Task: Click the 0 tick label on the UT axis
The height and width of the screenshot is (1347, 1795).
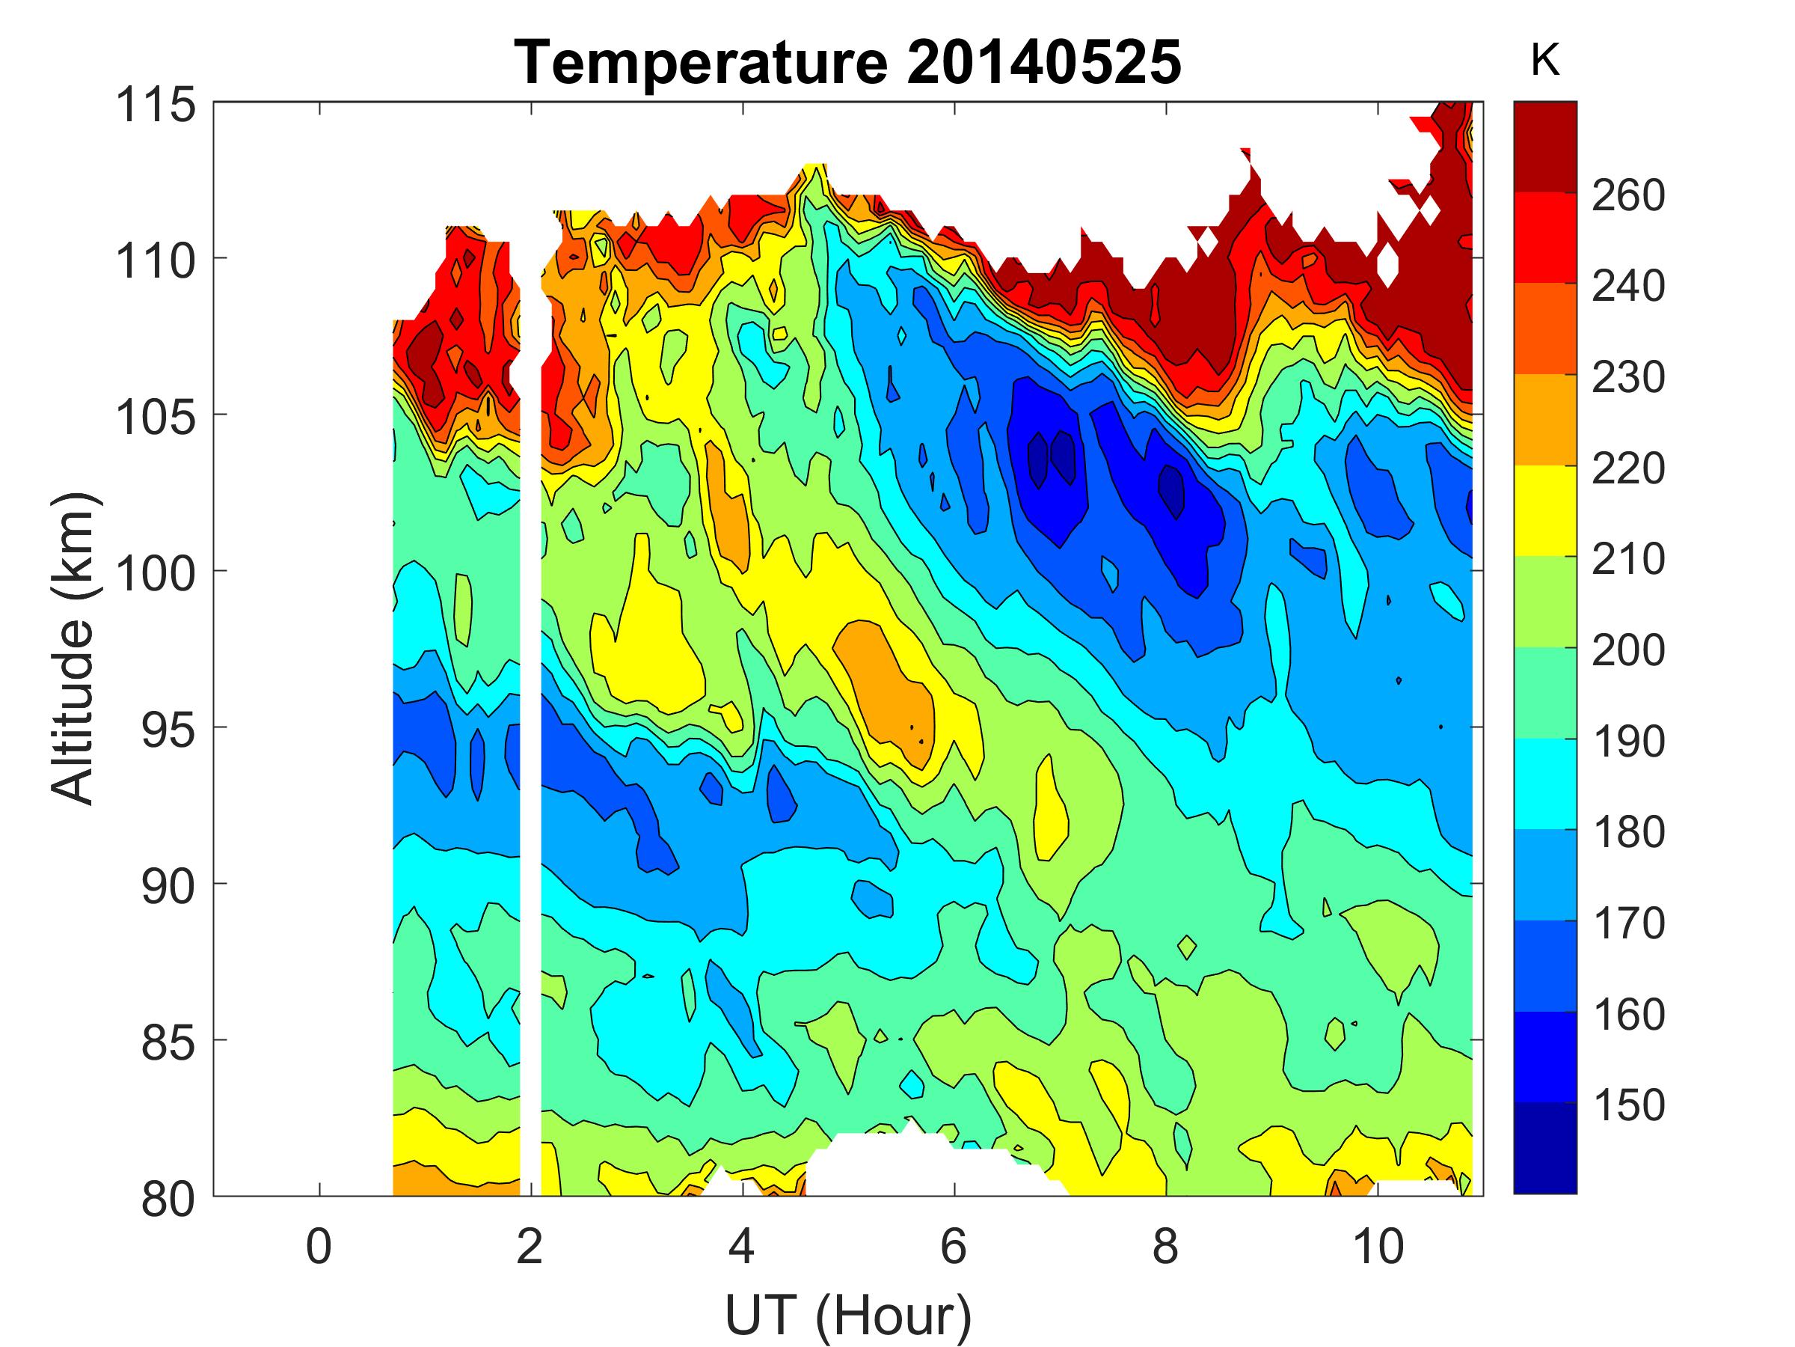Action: coord(319,1246)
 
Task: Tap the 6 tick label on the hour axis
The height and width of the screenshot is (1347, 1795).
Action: coord(954,1246)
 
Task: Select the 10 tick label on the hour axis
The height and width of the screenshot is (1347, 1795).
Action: coord(1377,1246)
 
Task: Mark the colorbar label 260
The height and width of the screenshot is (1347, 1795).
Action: coord(1627,195)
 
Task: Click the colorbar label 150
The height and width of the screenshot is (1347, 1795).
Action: coord(1627,1105)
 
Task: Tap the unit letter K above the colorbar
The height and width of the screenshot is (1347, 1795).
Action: coord(1545,60)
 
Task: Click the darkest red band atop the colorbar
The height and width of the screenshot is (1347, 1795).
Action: coord(1545,146)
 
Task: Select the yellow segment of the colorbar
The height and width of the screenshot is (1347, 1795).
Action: coord(1545,510)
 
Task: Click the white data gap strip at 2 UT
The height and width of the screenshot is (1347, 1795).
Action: coord(530,730)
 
